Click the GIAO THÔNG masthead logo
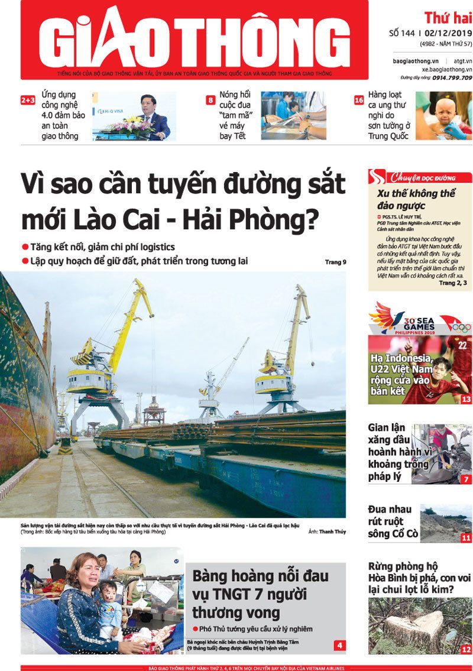click(195, 38)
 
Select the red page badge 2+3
click(28, 101)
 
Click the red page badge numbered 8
click(210, 101)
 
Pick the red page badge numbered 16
click(358, 101)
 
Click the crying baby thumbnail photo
click(443, 115)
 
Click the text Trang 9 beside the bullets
click(335, 262)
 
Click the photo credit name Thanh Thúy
click(332, 532)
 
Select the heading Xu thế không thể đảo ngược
click(416, 199)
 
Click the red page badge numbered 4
click(339, 645)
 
